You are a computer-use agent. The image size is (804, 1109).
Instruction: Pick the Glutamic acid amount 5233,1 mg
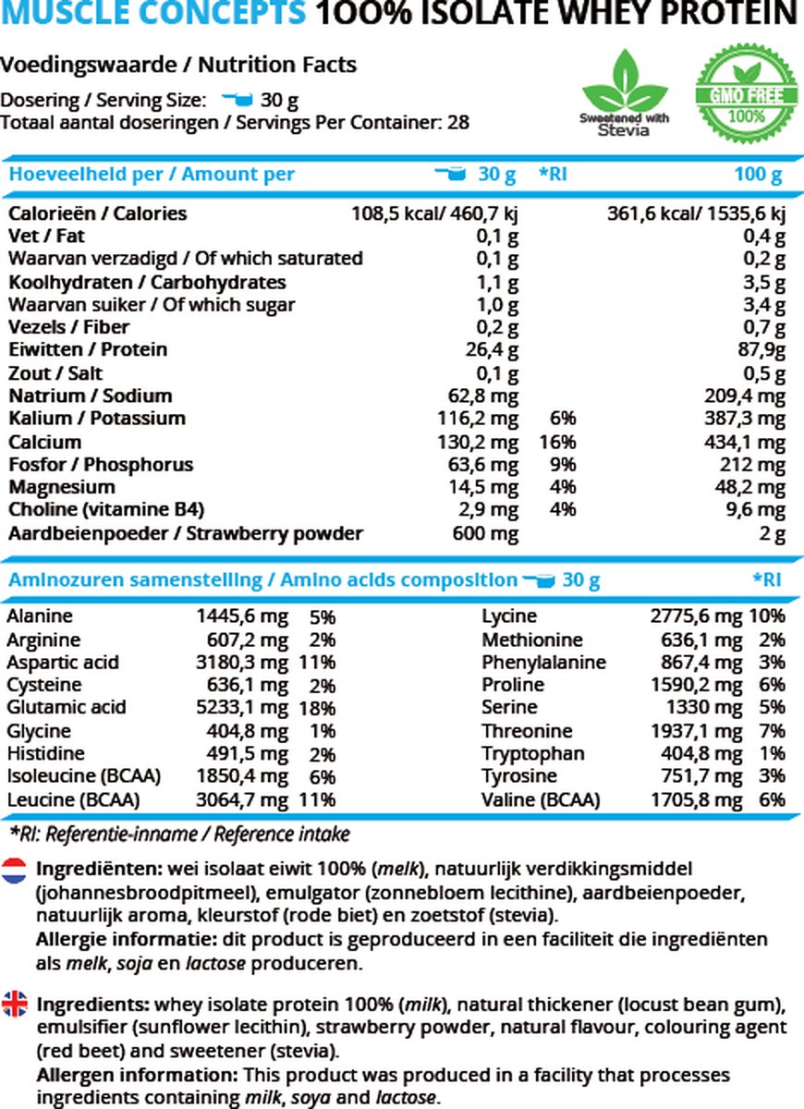pos(244,708)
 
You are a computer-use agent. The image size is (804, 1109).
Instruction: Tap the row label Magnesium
pos(62,487)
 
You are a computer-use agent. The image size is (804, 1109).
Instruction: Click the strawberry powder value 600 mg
pos(485,533)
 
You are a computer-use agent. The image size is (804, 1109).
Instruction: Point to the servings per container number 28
pos(458,122)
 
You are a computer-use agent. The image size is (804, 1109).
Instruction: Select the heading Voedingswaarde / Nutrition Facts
pos(178,65)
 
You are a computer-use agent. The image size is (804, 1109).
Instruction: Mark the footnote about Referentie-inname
pos(179,835)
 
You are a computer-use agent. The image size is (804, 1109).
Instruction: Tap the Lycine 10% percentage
pos(772,616)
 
